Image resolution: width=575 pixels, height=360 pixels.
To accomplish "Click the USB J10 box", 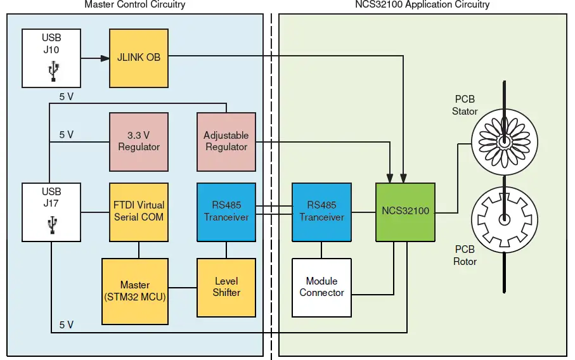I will coord(51,58).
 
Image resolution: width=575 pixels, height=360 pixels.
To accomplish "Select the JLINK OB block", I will coord(139,58).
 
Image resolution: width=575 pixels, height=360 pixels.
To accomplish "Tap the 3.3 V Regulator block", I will coord(139,142).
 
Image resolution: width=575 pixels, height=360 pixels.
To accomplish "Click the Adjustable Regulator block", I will coord(226,142).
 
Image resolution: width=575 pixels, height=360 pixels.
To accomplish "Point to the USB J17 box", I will coord(51,212).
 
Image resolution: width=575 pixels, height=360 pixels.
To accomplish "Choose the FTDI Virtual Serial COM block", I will coord(139,212).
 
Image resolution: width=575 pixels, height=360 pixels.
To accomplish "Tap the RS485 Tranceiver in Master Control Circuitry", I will coord(226,212).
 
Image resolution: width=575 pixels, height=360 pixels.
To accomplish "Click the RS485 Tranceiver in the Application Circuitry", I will coord(321,212).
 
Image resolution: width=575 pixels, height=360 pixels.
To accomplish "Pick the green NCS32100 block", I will coord(405,212).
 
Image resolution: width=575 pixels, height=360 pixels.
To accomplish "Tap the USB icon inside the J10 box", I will coord(52,73).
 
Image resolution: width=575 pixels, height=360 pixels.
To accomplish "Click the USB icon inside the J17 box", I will coord(52,226).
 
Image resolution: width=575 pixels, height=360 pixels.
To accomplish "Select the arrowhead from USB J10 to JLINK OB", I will coord(105,58).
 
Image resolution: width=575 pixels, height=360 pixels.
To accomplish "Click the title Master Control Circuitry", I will coord(135,5).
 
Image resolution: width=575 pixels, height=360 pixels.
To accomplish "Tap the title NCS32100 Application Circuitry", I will coord(422,5).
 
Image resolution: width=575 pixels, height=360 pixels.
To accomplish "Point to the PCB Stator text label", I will coord(465,105).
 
